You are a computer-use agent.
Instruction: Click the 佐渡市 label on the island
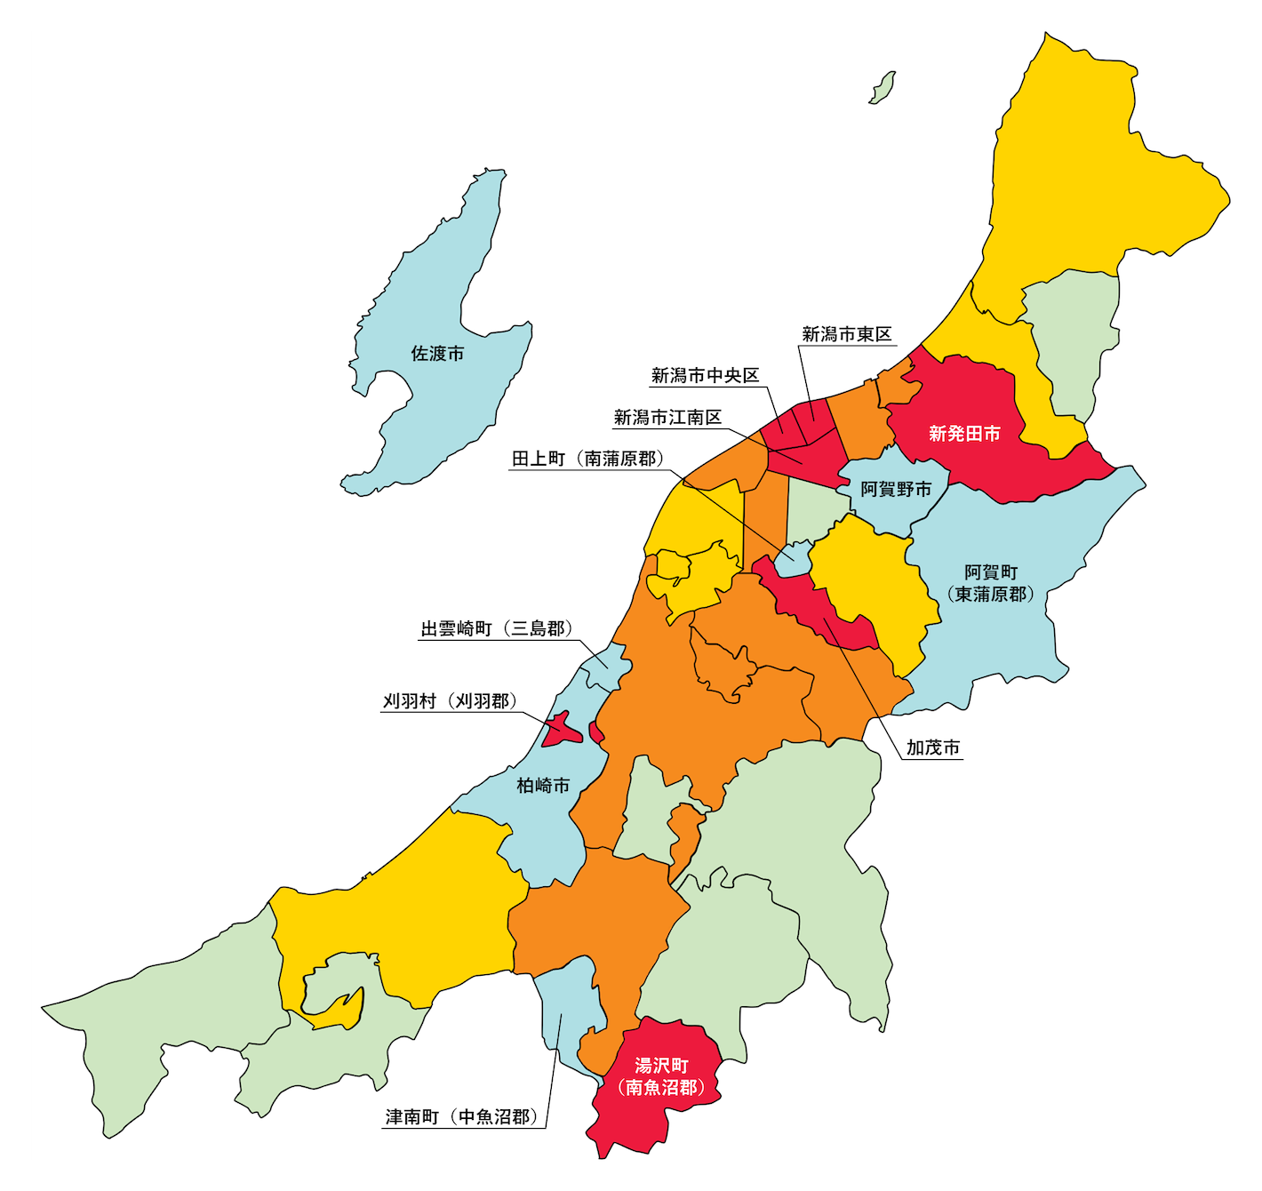[437, 354]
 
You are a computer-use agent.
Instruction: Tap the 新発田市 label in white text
[964, 434]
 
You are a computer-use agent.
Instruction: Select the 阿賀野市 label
[896, 490]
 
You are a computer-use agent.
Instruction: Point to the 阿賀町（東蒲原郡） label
[991, 583]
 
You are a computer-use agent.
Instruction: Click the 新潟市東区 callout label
[847, 334]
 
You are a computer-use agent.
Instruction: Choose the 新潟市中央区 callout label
[706, 376]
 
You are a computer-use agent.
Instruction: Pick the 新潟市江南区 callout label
[667, 418]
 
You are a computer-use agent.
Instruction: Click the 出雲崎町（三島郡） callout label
[497, 629]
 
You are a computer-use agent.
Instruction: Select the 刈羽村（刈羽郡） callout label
[450, 701]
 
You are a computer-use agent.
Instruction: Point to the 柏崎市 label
[543, 786]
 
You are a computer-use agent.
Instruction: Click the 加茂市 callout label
[933, 748]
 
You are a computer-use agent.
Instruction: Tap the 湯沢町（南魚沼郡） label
[661, 1075]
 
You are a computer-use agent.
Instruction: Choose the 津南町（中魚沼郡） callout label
[462, 1117]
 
